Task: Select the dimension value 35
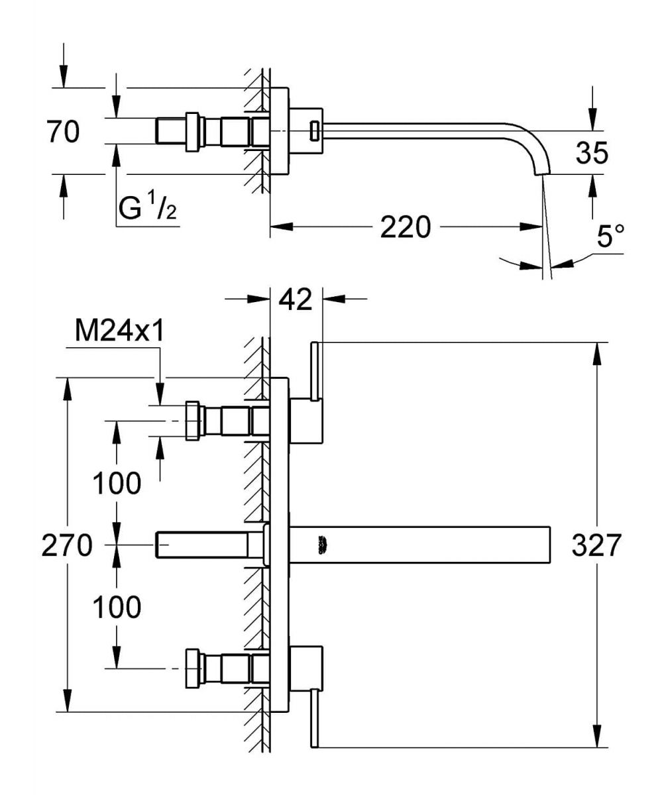[x=592, y=153]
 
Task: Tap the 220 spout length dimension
[x=405, y=227]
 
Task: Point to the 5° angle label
[x=610, y=237]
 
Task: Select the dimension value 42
[x=296, y=299]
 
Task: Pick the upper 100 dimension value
[x=117, y=484]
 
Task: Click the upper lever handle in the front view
[x=315, y=374]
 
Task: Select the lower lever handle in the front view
[x=315, y=719]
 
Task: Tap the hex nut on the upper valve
[x=193, y=421]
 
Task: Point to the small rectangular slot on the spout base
[x=315, y=131]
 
